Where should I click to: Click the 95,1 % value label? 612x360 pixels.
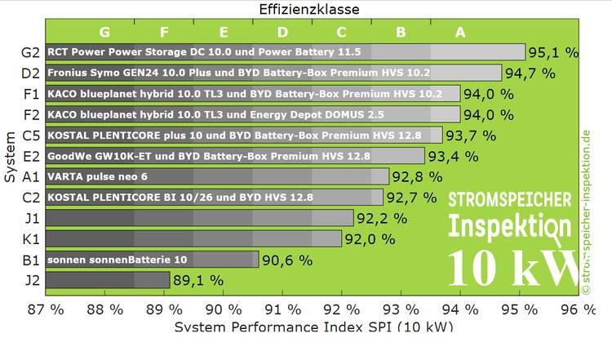click(x=553, y=52)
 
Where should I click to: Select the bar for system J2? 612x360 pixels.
click(x=108, y=280)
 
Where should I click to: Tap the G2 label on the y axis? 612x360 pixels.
click(x=31, y=52)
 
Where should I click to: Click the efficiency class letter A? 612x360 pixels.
click(x=460, y=33)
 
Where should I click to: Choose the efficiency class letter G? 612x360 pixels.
click(x=104, y=33)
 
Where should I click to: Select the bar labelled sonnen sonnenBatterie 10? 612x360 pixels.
click(x=152, y=260)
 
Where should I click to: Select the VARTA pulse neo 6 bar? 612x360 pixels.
click(x=217, y=176)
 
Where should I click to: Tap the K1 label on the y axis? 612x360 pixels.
click(x=31, y=238)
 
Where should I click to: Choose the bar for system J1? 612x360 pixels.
click(x=199, y=218)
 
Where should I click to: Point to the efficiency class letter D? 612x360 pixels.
click(x=282, y=33)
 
